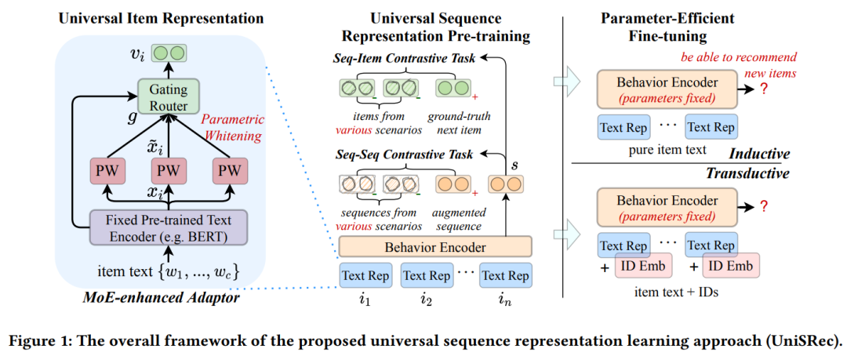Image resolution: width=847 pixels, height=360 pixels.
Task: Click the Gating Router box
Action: click(164, 98)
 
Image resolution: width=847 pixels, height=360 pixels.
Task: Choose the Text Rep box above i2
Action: click(427, 275)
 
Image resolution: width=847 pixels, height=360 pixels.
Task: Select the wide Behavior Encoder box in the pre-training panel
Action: click(434, 247)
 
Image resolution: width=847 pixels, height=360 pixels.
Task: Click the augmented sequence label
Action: click(459, 219)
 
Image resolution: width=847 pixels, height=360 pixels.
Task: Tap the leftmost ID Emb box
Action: click(643, 267)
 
